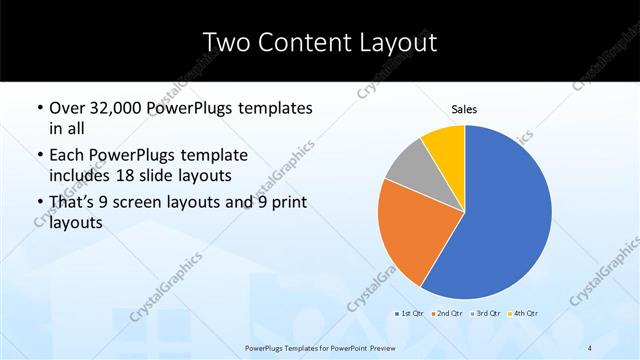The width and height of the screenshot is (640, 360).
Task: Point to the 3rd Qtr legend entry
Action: click(x=484, y=314)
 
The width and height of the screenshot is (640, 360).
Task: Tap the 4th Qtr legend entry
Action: click(x=523, y=314)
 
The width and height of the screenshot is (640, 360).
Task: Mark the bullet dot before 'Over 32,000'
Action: click(x=39, y=108)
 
